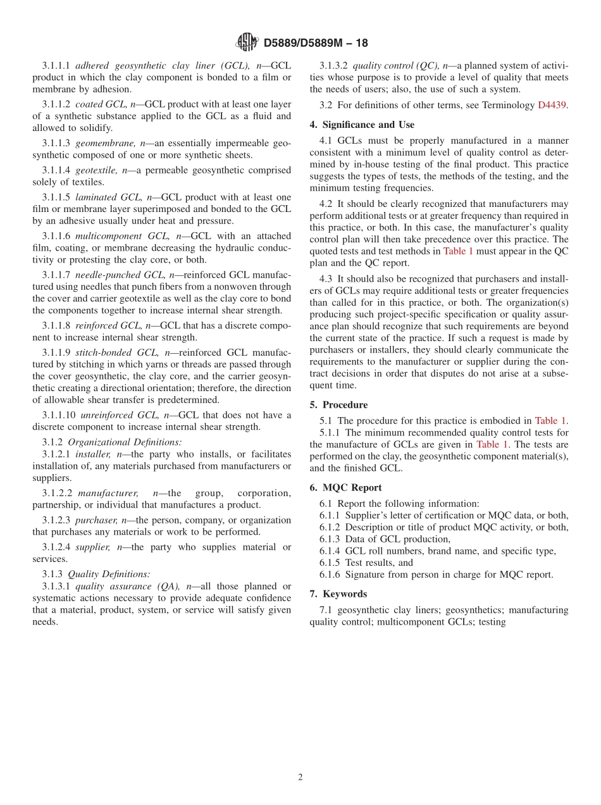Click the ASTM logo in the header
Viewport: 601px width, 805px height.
click(x=246, y=42)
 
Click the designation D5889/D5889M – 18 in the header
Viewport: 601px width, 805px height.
click(x=315, y=43)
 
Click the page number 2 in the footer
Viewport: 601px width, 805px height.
click(x=300, y=778)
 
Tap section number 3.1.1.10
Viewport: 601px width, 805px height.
click(x=59, y=415)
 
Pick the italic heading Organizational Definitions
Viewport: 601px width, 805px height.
click(x=125, y=442)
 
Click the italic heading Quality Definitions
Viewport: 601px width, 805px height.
click(x=109, y=574)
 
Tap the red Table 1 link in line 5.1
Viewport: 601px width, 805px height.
click(x=550, y=421)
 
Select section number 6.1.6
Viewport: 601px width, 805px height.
click(x=331, y=575)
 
